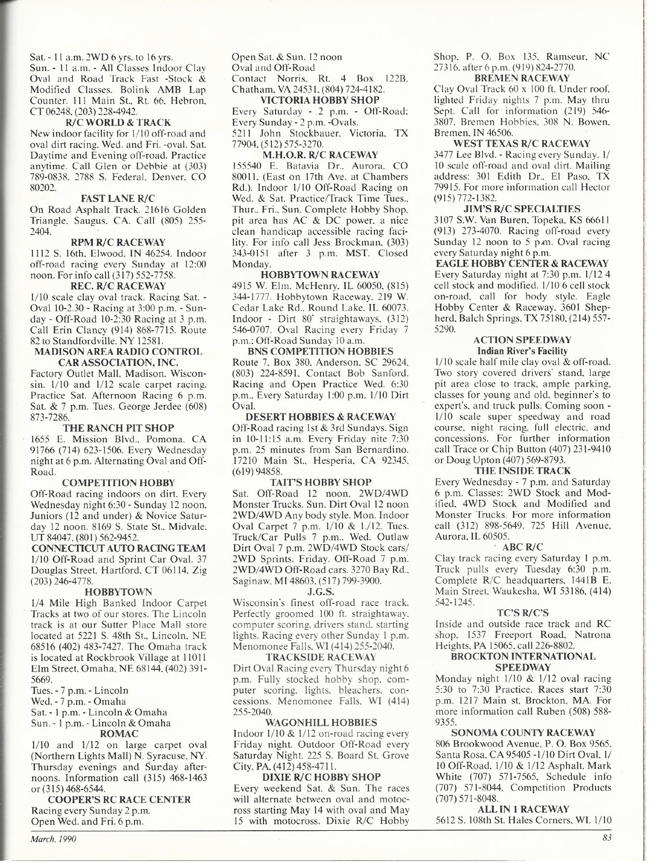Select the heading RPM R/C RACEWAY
point(118,242)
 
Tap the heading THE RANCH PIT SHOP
point(118,428)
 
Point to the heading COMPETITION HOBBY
point(118,482)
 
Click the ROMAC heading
point(119,734)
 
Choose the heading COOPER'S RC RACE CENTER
point(119,800)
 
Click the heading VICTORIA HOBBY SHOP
point(320,100)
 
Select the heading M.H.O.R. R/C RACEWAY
point(320,155)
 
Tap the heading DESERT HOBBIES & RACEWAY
point(320,417)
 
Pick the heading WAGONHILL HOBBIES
point(320,722)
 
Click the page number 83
point(607,839)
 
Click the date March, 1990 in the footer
point(54,838)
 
